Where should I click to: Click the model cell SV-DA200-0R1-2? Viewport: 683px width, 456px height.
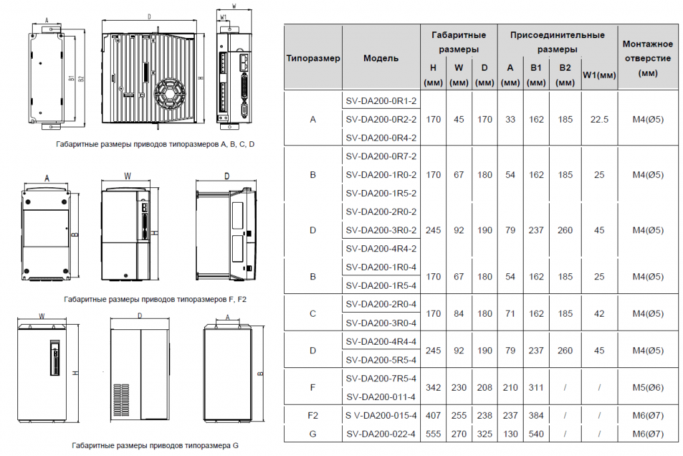pyautogui.click(x=381, y=101)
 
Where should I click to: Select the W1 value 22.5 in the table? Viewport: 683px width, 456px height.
pyautogui.click(x=599, y=119)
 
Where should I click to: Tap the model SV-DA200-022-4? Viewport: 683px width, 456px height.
pyautogui.click(x=381, y=434)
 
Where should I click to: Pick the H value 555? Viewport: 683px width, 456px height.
pyautogui.click(x=433, y=434)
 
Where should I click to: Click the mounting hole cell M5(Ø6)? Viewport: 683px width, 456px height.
pyautogui.click(x=648, y=387)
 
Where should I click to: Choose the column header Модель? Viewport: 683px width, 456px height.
pyautogui.click(x=381, y=58)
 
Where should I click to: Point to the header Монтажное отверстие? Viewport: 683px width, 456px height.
pyautogui.click(x=648, y=51)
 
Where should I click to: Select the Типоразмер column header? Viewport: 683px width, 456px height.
pyautogui.click(x=313, y=58)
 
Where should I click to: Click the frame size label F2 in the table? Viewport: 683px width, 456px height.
pyautogui.click(x=313, y=415)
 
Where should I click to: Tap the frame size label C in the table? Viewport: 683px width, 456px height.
pyautogui.click(x=313, y=313)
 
